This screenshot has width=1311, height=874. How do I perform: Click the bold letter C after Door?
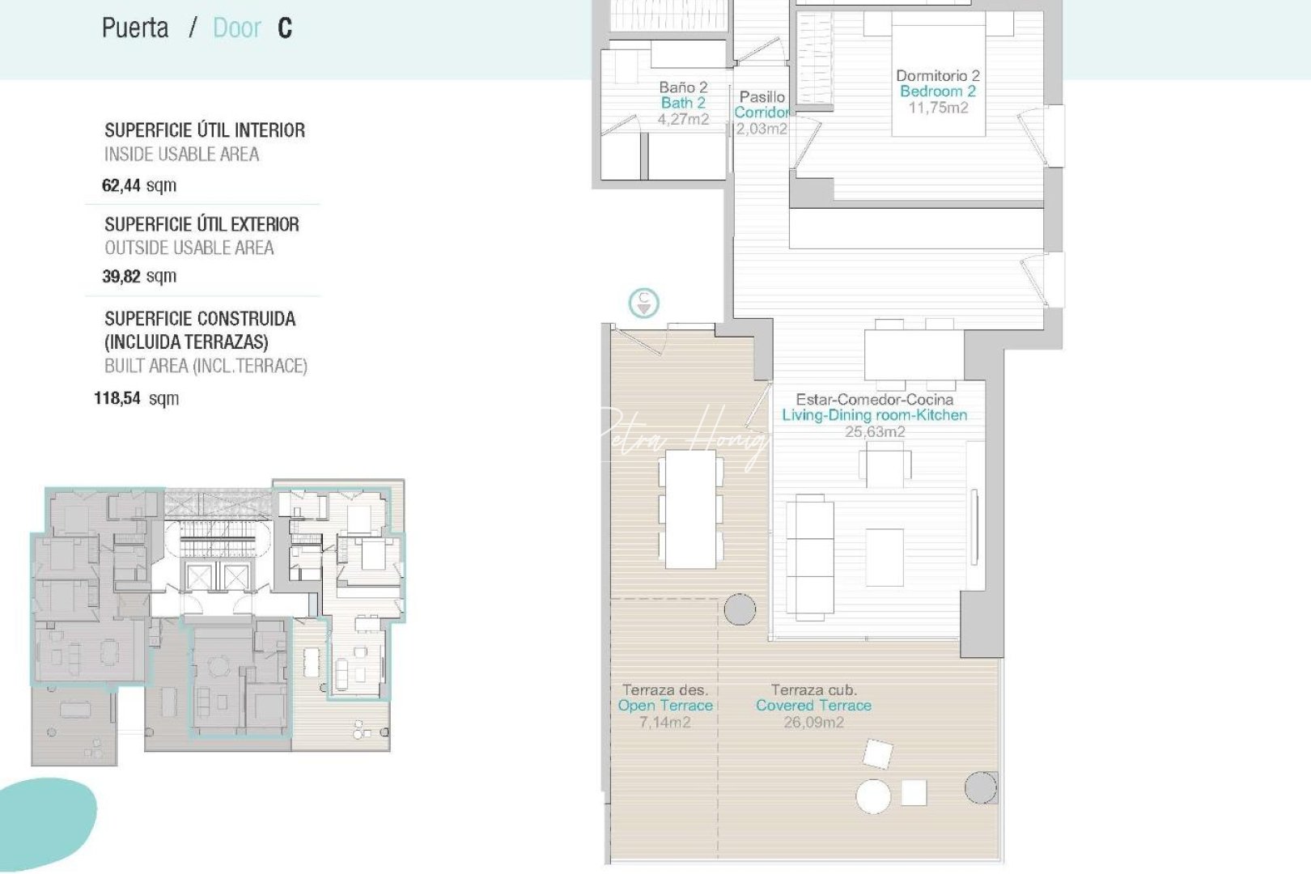point(285,28)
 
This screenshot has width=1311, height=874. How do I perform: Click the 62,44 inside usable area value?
point(121,185)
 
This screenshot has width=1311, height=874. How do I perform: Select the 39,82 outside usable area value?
point(121,276)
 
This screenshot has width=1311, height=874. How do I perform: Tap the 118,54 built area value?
point(117,398)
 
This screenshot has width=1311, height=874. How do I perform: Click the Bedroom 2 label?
point(938,91)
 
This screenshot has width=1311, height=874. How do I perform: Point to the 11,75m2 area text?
point(938,108)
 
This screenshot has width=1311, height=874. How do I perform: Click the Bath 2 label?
point(683,103)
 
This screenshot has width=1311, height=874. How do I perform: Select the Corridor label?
point(761,112)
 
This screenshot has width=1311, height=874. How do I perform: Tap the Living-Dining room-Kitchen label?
point(874,415)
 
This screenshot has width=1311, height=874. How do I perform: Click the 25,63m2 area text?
point(875,431)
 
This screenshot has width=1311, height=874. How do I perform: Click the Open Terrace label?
point(665,706)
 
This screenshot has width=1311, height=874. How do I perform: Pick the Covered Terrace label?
point(813,706)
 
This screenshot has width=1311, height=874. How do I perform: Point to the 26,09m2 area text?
point(813,722)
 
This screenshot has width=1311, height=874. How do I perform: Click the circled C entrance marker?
point(644,303)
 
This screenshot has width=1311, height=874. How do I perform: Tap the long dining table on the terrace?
point(690,510)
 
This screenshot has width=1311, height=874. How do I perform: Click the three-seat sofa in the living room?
point(810,558)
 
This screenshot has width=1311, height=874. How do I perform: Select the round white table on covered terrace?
point(873,796)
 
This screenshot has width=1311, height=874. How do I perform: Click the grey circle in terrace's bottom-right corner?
point(980,787)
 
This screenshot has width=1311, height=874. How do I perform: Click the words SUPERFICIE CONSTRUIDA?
point(200,319)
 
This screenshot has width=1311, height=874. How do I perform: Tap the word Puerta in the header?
point(135,28)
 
